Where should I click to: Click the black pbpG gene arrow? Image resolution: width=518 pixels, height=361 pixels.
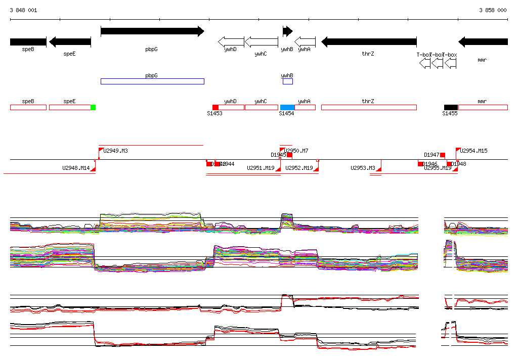click(152, 31)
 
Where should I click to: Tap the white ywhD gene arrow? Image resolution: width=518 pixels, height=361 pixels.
click(231, 41)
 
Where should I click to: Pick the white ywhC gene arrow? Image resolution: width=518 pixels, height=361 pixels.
click(261, 41)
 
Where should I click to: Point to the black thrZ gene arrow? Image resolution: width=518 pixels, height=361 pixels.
click(369, 42)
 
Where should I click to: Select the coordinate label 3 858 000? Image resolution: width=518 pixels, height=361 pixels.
click(493, 10)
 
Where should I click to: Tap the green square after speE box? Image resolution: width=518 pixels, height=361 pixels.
click(93, 107)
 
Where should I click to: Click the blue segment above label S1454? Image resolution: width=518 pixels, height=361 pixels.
click(287, 107)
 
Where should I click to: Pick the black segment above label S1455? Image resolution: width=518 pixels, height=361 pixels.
click(451, 107)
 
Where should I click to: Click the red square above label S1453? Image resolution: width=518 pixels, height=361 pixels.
click(215, 107)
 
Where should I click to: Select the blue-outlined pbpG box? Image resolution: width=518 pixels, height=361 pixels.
click(152, 81)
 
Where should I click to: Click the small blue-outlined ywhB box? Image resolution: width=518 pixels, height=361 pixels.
click(287, 81)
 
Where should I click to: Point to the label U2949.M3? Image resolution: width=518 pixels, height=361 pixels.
click(115, 151)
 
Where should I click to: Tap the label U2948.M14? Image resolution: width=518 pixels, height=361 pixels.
click(76, 168)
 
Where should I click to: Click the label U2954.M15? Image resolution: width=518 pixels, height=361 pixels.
click(473, 151)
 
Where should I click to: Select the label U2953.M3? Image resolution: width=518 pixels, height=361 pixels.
click(363, 168)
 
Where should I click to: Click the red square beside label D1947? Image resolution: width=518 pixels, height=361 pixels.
click(443, 155)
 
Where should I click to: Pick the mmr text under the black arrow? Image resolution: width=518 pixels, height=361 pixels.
click(482, 60)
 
